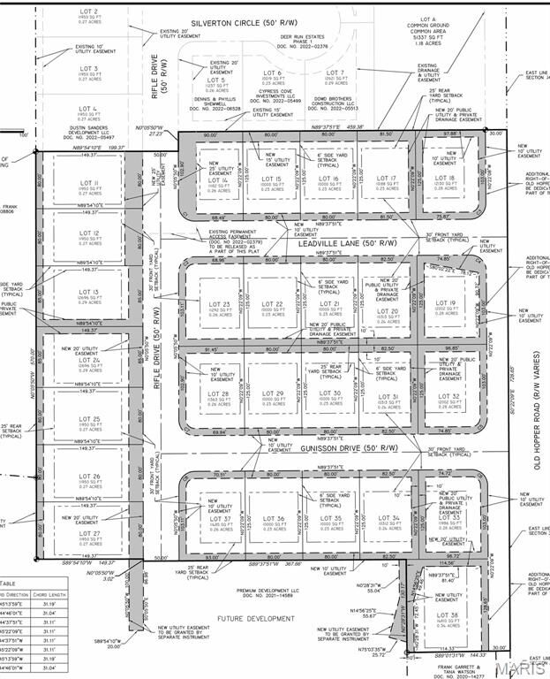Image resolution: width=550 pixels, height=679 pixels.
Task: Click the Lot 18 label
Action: (x=446, y=179)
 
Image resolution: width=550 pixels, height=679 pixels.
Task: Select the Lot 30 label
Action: (x=330, y=393)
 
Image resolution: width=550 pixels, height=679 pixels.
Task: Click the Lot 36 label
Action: (x=274, y=519)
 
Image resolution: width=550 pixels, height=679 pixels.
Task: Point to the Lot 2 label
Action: (x=89, y=11)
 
